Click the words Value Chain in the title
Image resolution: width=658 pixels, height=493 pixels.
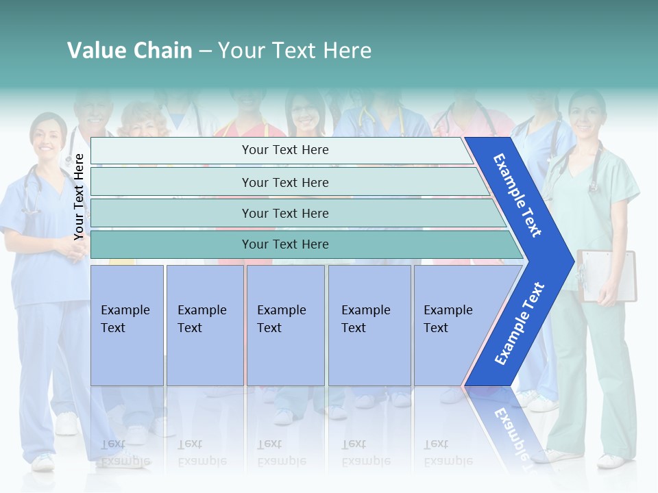130,51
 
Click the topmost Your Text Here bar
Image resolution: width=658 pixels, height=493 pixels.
284,150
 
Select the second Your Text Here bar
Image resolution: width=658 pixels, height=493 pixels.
284,182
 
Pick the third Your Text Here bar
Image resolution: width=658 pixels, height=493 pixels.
284,213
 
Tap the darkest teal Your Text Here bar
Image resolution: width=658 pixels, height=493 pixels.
284,244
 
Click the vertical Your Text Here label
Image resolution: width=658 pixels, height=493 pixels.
79,197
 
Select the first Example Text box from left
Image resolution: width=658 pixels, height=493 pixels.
127,325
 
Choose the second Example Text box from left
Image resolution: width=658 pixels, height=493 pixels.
205,325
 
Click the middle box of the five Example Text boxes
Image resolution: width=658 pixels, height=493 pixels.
285,325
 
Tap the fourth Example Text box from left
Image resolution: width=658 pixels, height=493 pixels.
369,325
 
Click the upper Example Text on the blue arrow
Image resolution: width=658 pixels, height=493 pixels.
517,195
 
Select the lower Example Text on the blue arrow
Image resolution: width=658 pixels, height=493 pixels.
519,324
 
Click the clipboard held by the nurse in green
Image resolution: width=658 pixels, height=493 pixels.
606,274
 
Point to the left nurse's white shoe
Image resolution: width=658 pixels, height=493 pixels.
44,462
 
